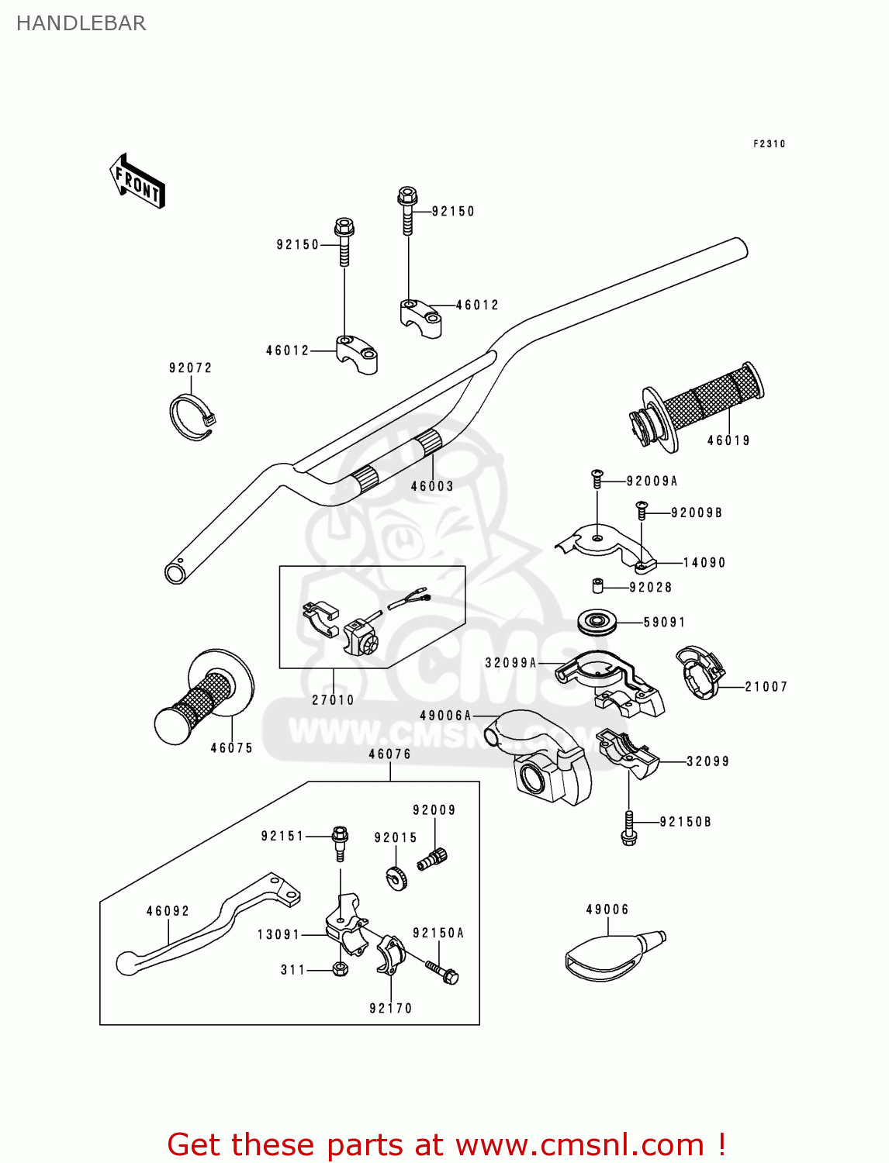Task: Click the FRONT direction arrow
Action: coord(137,181)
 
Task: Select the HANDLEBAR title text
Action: coord(81,23)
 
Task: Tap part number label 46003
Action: coord(432,486)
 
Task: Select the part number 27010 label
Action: coord(333,700)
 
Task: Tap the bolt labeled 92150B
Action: coord(629,828)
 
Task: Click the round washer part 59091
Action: coord(597,621)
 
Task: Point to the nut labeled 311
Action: coord(340,968)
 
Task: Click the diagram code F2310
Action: coord(769,143)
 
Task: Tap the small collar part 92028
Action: coord(598,585)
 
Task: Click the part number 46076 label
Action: coord(389,754)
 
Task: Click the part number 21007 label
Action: coord(766,687)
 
